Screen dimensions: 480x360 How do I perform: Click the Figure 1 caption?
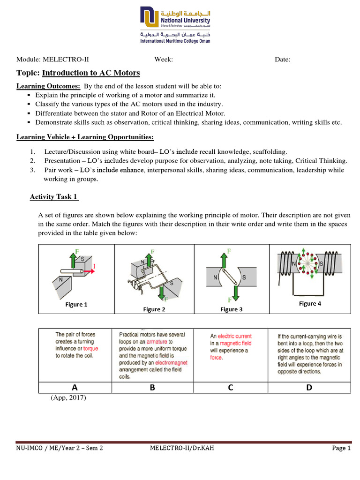point(76,305)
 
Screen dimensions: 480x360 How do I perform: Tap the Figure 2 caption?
point(154,309)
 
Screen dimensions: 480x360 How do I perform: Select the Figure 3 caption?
point(232,309)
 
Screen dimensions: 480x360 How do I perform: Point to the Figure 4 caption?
point(310,304)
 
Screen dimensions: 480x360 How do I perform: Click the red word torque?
point(90,349)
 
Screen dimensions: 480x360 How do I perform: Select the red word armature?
point(157,342)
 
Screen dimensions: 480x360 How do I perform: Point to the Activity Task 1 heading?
point(53,197)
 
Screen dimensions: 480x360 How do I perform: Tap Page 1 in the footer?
point(341,448)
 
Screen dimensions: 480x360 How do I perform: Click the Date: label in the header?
point(282,59)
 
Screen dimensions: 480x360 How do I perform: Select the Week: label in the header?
point(164,59)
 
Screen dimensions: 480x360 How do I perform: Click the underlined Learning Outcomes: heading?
point(48,86)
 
